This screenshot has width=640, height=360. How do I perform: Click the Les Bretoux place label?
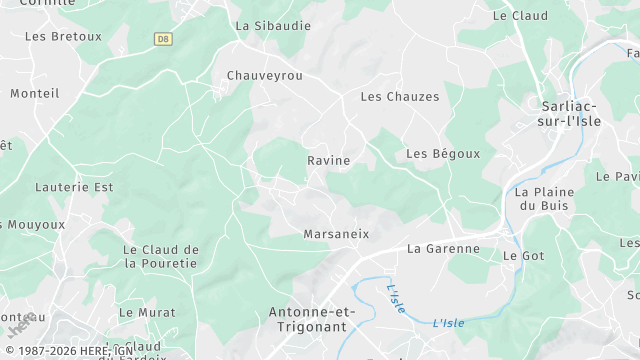(63, 36)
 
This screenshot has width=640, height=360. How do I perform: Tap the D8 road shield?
(163, 39)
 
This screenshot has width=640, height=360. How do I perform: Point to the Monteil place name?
(35, 93)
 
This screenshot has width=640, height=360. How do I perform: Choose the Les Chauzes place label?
(399, 97)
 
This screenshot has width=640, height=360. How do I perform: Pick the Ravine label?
(328, 160)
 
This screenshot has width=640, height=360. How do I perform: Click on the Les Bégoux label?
(443, 154)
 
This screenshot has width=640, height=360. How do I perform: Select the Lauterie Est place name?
(74, 187)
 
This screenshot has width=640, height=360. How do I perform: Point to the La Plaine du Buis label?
(543, 199)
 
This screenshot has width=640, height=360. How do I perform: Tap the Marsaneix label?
(336, 234)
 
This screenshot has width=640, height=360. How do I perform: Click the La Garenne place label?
(443, 249)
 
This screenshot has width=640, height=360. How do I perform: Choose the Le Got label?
(523, 256)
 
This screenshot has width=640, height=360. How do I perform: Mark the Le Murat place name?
(147, 313)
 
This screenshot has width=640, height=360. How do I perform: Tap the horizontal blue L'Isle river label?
(449, 323)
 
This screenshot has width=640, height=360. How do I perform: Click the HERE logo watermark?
(21, 325)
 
